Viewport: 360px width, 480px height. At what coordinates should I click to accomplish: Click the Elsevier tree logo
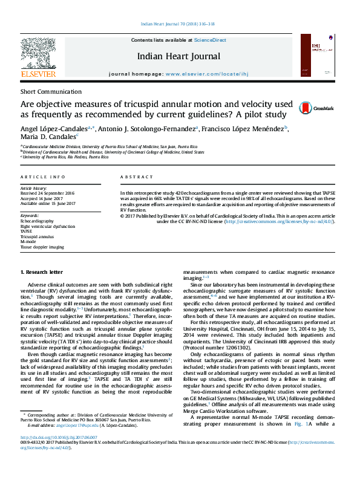38,54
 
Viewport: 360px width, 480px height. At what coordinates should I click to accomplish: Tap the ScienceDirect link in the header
209,39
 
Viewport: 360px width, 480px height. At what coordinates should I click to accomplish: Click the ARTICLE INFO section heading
43,177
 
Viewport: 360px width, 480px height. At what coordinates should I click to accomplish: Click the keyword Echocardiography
37,222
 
